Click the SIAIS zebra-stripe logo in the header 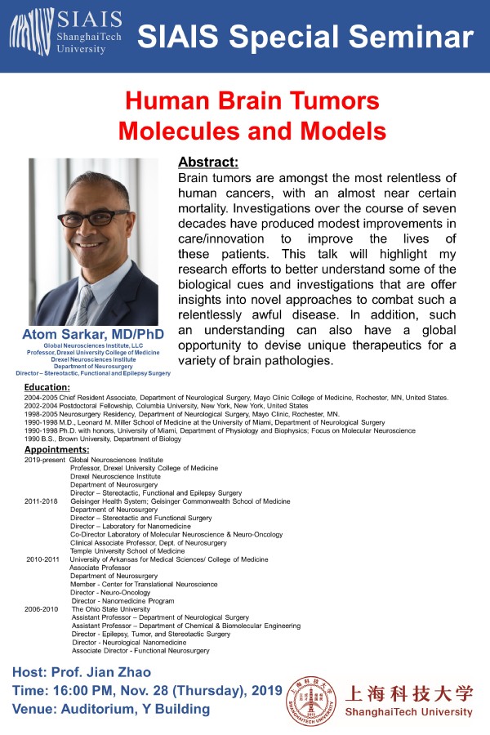(x=30, y=34)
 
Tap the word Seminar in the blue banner (x=412, y=36)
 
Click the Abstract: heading (x=208, y=161)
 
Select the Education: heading (x=47, y=387)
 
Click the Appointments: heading (x=56, y=450)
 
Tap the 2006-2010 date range (x=42, y=609)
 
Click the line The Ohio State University (x=111, y=609)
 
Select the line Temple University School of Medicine (x=127, y=551)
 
